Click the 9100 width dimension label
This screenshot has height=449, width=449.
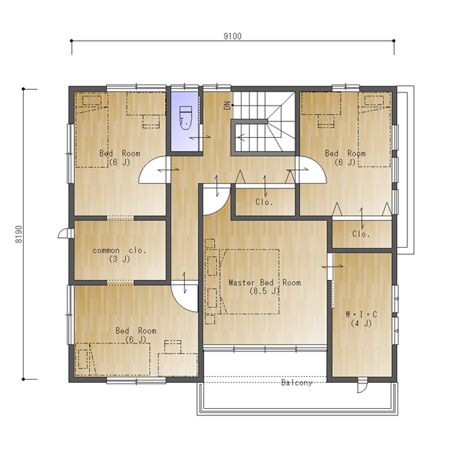[x=232, y=36]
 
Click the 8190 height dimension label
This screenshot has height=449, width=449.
[x=18, y=234]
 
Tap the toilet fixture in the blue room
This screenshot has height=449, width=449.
[x=186, y=118]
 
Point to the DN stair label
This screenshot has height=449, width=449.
[x=228, y=106]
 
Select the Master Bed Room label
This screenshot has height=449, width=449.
[x=265, y=283]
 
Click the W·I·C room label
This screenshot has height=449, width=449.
[x=361, y=314]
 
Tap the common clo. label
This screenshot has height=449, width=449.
[x=120, y=250]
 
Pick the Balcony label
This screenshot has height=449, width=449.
[x=296, y=382]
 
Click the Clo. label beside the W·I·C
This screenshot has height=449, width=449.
[x=361, y=234]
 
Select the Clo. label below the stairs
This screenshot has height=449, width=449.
[x=264, y=202]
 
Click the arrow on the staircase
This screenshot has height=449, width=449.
[x=241, y=137]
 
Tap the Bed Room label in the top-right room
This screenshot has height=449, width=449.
[x=345, y=153]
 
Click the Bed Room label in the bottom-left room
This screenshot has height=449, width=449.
[x=136, y=331]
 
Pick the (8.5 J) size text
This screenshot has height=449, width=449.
[x=264, y=291]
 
